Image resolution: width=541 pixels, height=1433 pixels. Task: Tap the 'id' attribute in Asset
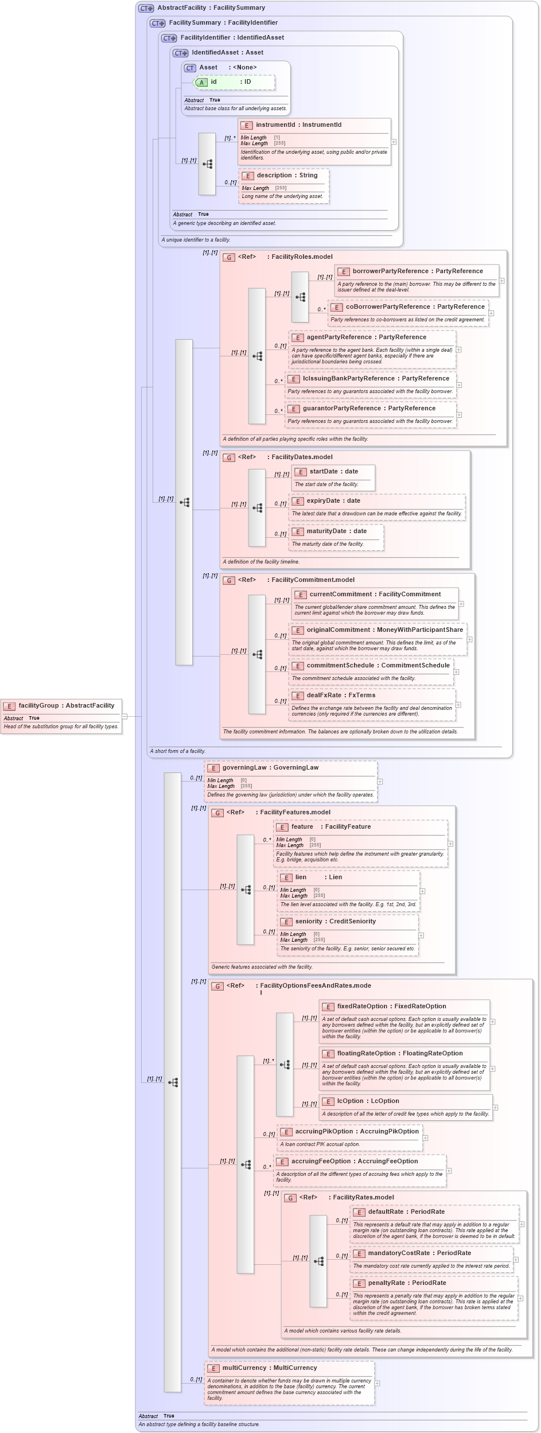213,81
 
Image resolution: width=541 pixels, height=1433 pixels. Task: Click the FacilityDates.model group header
301,457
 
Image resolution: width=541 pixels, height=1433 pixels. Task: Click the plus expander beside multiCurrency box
377,1383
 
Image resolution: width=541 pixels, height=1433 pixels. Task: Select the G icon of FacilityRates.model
291,1198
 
